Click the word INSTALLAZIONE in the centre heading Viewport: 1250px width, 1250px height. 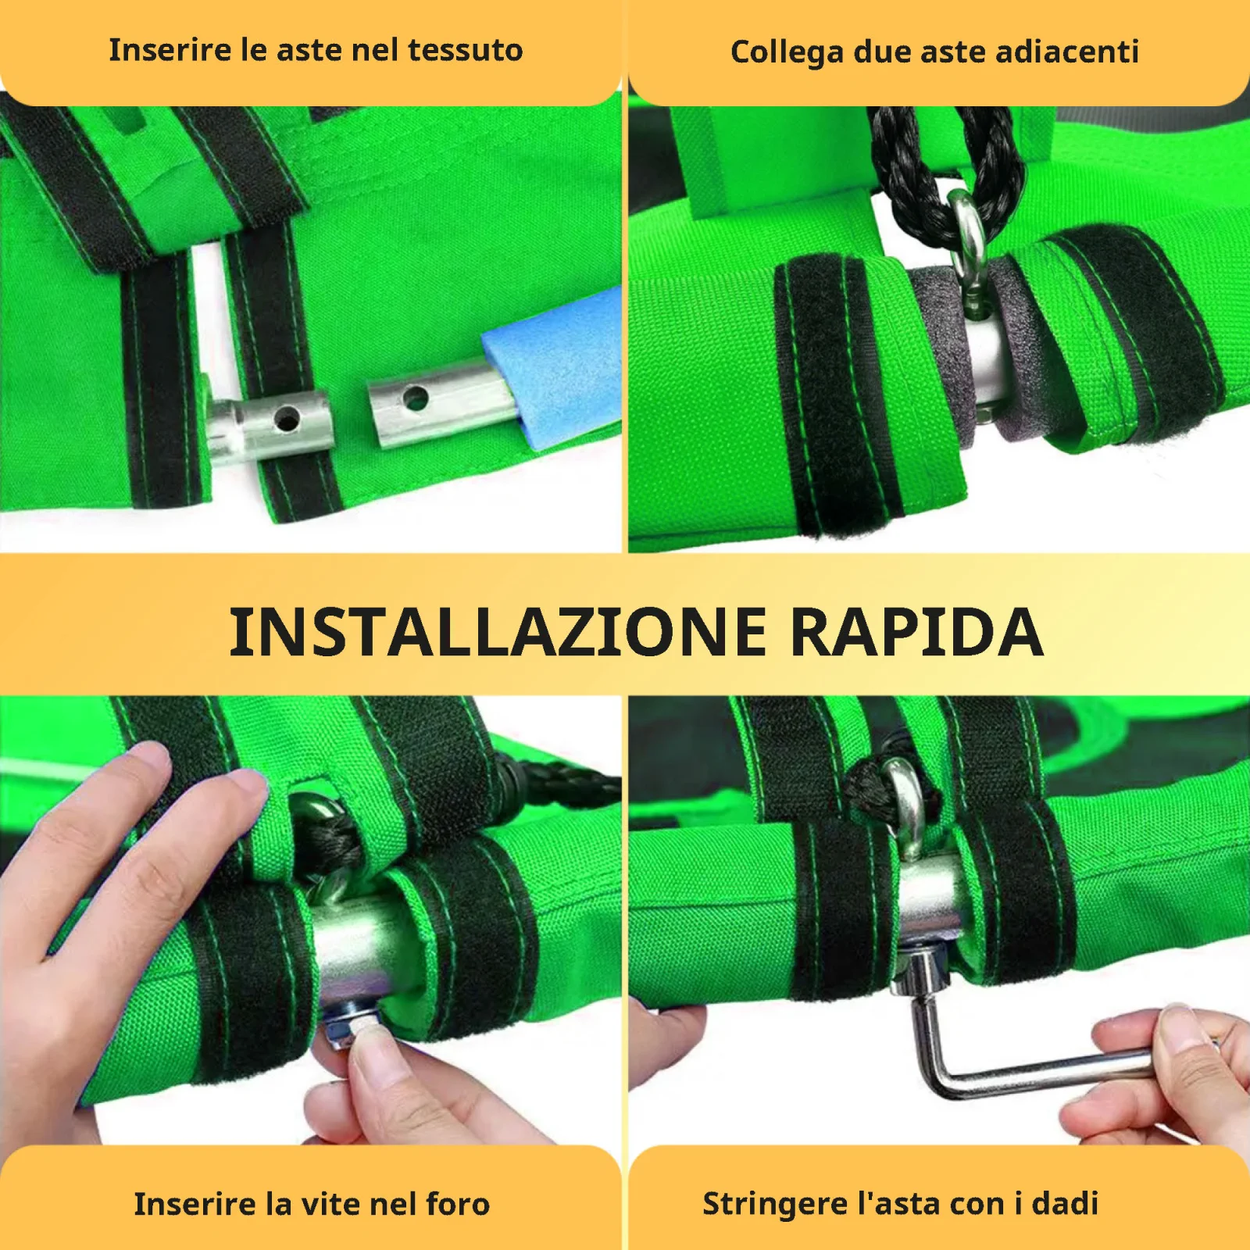498,632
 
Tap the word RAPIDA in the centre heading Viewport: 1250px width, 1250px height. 917,632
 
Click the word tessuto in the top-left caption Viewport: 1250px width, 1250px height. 466,51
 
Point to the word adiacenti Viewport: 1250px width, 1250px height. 1068,52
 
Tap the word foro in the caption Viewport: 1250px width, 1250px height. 458,1204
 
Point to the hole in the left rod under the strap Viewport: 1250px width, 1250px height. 287,420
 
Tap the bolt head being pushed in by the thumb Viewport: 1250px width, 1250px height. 345,1028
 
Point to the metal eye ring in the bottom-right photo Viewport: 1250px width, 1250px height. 906,805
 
